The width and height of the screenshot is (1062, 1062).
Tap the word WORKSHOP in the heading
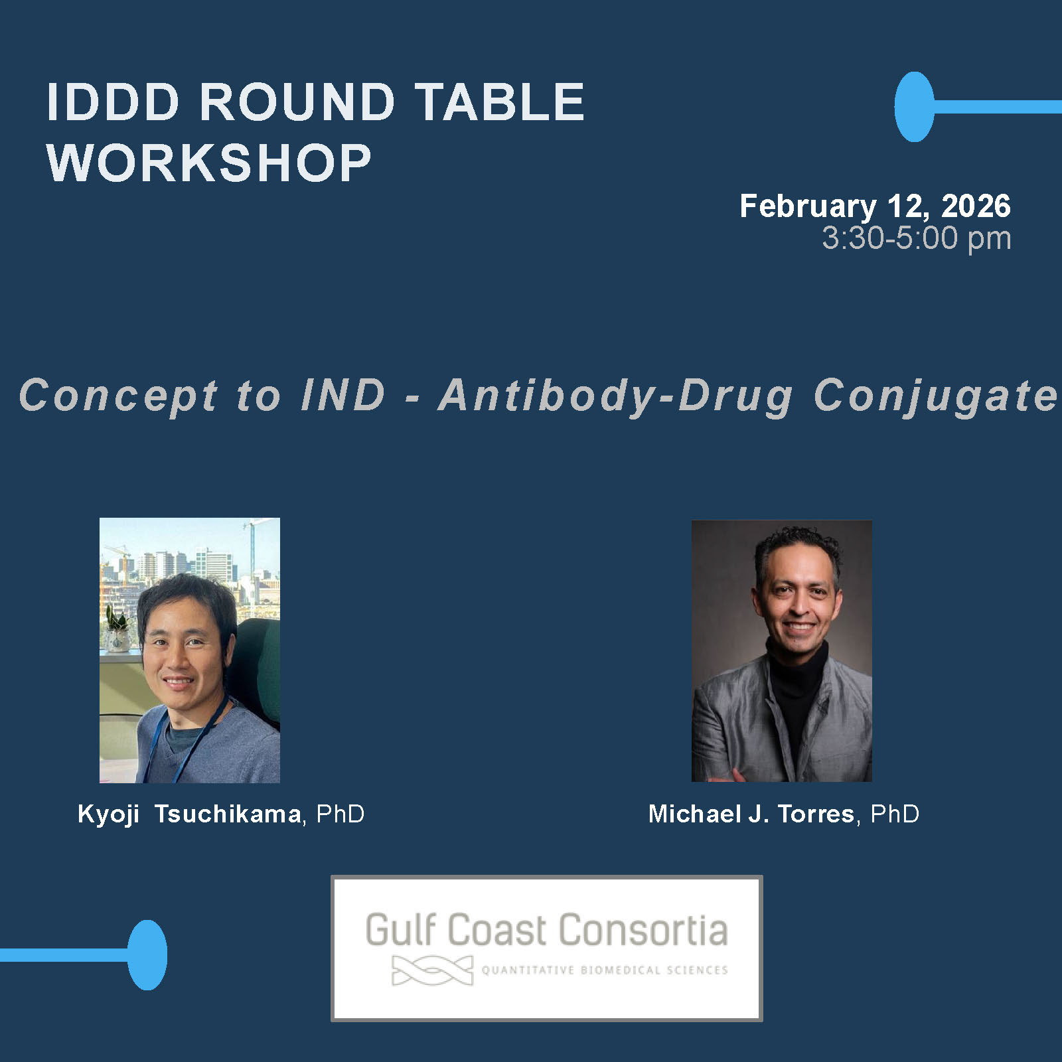click(208, 163)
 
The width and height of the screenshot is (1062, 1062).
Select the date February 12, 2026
click(875, 206)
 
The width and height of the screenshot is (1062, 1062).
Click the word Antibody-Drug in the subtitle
click(616, 396)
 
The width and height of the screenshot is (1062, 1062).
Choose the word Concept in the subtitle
click(118, 396)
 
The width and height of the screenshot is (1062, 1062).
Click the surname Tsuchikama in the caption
click(228, 814)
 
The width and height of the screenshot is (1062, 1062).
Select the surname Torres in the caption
click(816, 814)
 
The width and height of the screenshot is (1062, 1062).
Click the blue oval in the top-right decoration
click(914, 107)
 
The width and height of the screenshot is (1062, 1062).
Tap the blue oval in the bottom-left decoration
click(147, 955)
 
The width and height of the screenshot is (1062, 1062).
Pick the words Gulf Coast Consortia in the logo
click(546, 930)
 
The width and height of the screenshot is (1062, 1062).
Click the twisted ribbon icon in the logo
click(432, 970)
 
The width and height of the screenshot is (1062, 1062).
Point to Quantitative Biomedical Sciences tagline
click(605, 970)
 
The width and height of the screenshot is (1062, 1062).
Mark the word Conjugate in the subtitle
click(936, 396)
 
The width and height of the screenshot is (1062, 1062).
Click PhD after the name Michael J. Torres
click(895, 814)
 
